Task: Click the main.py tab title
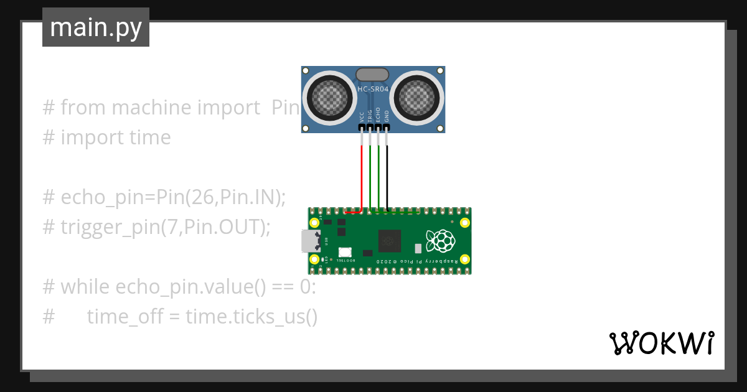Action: point(95,28)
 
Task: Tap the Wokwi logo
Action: point(660,343)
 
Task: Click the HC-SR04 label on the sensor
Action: point(373,90)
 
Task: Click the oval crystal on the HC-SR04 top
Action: point(373,75)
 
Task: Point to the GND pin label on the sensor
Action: point(387,116)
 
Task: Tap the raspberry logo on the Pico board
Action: point(440,241)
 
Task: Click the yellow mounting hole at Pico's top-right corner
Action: point(464,223)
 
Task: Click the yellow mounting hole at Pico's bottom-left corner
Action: point(315,259)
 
